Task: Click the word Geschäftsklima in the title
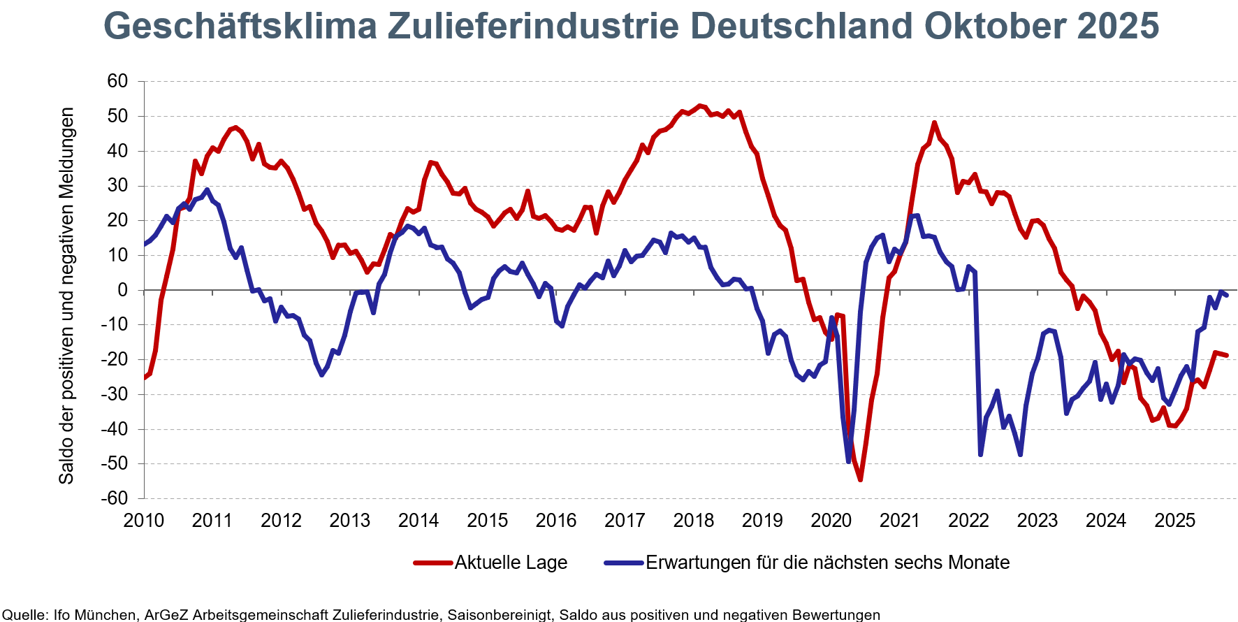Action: click(x=239, y=27)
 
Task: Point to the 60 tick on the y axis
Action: click(x=117, y=82)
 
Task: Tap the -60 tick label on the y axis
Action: click(x=115, y=498)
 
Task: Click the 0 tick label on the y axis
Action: click(x=123, y=290)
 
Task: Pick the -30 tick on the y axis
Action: click(x=115, y=394)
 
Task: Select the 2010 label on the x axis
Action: click(x=143, y=521)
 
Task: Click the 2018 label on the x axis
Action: click(x=693, y=521)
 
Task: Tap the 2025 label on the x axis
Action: click(x=1174, y=521)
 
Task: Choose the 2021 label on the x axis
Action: click(x=899, y=521)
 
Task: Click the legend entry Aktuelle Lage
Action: click(x=510, y=563)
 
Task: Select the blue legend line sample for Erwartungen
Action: click(x=623, y=563)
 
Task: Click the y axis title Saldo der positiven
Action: click(x=66, y=296)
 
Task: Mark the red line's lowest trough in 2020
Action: click(x=860, y=479)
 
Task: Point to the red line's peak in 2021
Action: click(x=934, y=123)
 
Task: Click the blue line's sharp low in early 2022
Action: click(x=980, y=455)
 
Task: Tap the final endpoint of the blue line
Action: click(x=1226, y=296)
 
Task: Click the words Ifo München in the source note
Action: click(x=95, y=615)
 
